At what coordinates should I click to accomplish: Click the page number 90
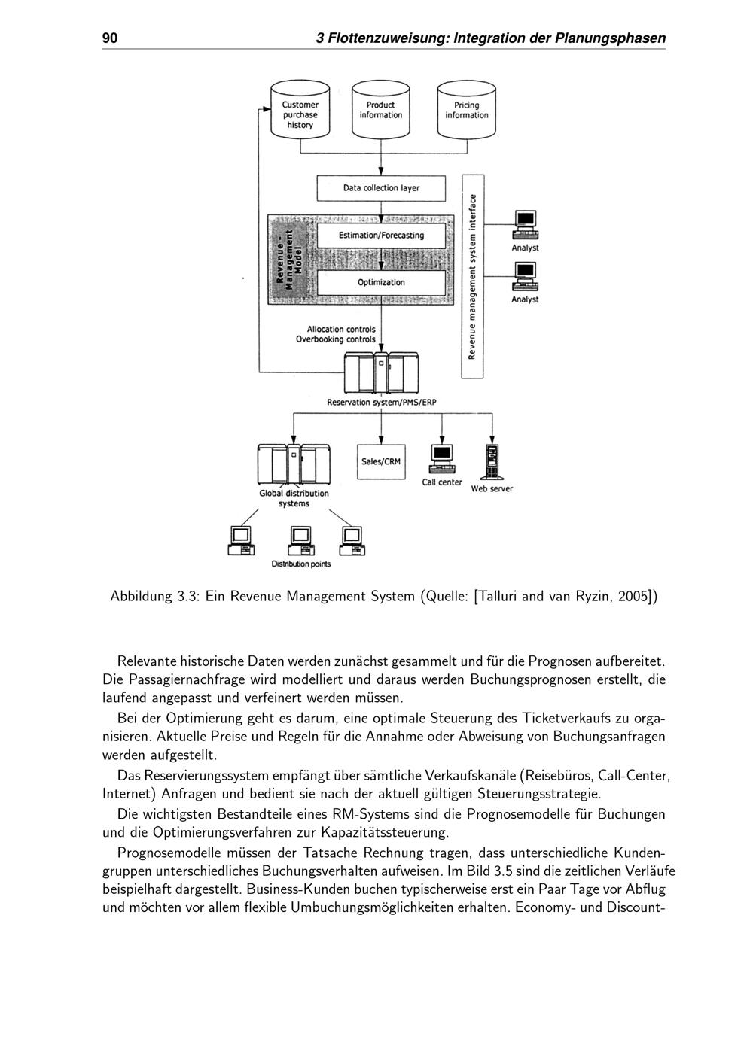(110, 38)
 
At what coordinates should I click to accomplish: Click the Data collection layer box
(381, 188)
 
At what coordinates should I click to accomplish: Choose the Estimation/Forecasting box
(381, 236)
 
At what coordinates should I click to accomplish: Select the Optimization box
(381, 283)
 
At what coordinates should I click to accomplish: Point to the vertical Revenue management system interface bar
(473, 276)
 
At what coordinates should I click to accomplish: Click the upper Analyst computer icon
(525, 225)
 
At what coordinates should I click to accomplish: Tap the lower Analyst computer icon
(525, 276)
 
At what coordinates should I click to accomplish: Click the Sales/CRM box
(381, 461)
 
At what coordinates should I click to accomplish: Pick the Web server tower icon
(492, 462)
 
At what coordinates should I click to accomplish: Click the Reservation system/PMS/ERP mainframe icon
(381, 372)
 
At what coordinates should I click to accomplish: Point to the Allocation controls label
(341, 330)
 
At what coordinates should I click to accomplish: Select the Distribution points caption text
(301, 564)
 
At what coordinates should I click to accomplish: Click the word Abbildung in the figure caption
(142, 597)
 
